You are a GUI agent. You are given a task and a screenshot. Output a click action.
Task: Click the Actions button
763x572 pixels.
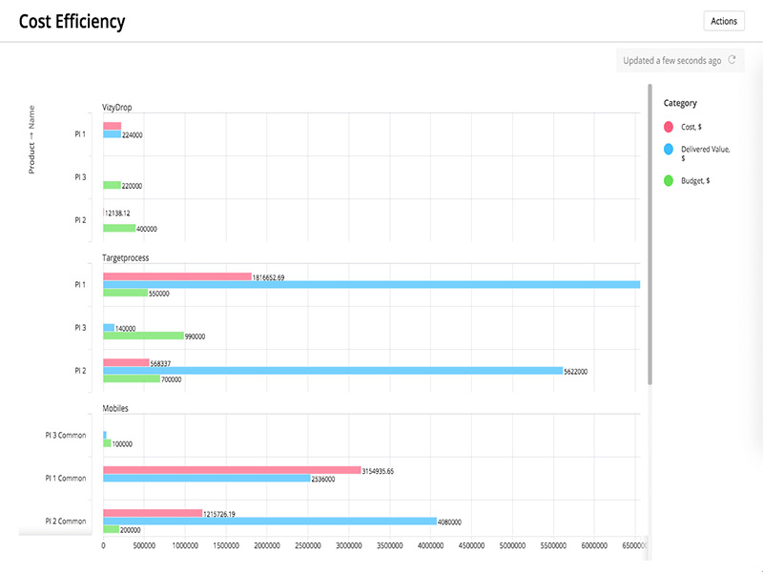pos(723,21)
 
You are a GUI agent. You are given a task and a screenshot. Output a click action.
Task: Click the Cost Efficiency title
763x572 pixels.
pos(72,21)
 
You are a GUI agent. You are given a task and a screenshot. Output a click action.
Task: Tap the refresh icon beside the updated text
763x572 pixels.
pos(732,60)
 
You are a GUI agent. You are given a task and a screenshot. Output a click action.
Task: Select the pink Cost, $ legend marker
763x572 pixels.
pos(669,126)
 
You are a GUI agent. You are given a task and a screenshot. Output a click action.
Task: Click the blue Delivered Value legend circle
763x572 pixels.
pos(669,149)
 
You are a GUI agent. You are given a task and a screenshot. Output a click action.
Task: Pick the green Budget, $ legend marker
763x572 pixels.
pos(669,179)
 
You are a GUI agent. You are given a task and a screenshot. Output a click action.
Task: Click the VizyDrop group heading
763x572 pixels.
pos(117,107)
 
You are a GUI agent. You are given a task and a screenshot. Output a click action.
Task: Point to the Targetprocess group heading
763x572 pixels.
pos(126,257)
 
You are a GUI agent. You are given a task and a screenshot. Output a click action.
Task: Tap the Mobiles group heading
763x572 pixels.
pos(115,408)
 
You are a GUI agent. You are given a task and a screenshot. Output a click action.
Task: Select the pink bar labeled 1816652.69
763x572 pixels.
pos(176,277)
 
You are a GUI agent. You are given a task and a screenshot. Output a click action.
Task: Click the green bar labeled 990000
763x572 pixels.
pos(143,336)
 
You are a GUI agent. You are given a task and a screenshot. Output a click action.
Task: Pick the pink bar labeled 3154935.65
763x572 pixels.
pos(232,470)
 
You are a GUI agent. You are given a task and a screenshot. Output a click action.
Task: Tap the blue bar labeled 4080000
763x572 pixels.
pos(269,521)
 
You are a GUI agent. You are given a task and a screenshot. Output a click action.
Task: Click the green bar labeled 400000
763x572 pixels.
pos(119,229)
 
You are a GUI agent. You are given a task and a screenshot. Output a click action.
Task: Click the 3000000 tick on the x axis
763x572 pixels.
pos(349,546)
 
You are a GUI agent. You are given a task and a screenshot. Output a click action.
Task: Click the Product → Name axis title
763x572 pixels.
pos(31,139)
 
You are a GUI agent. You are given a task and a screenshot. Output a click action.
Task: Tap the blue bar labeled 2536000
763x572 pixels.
pos(206,479)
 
